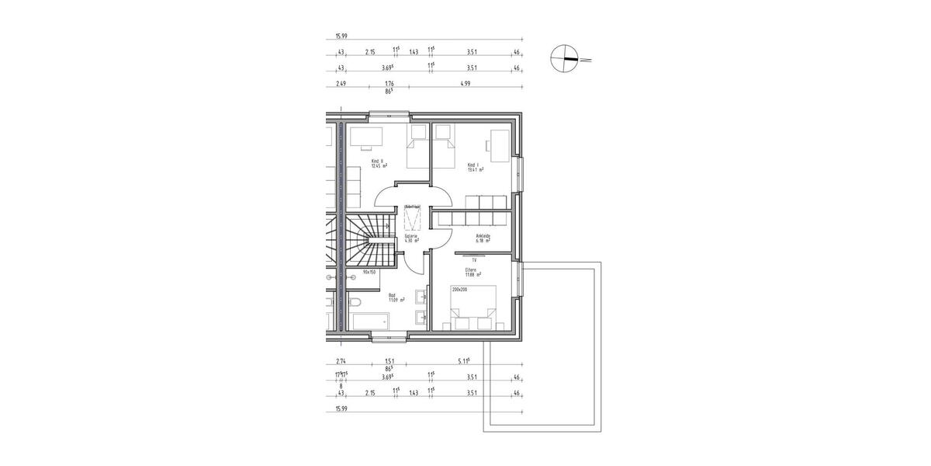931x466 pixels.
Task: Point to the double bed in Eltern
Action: click(x=472, y=307)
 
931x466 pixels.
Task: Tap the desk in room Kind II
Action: click(x=366, y=137)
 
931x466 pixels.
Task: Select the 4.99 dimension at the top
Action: click(x=465, y=83)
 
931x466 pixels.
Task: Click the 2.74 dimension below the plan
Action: click(x=341, y=361)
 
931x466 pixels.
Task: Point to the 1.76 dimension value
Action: click(x=389, y=83)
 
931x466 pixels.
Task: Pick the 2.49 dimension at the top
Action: click(x=341, y=83)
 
